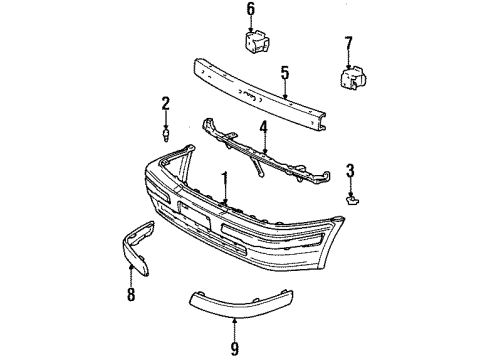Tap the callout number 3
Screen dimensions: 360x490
[350, 170]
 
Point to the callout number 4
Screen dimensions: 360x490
[263, 127]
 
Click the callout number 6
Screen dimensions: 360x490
[252, 10]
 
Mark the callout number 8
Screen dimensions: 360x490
[131, 295]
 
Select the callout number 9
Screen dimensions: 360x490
[234, 323]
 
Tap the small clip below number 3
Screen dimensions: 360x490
[349, 199]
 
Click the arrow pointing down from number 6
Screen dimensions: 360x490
[252, 25]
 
